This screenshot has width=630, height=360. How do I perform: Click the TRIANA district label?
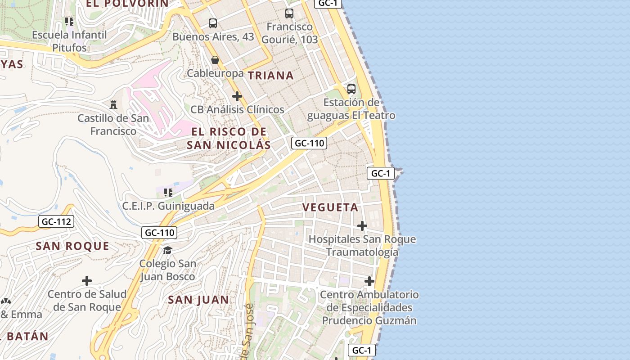[x=271, y=76]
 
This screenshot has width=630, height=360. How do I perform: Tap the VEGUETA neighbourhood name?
[x=330, y=207]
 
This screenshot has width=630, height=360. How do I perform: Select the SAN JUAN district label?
[x=198, y=300]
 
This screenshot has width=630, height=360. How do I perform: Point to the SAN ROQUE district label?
[x=72, y=246]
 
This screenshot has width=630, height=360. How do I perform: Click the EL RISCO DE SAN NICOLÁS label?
[x=229, y=138]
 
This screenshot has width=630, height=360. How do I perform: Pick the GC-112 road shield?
[x=57, y=221]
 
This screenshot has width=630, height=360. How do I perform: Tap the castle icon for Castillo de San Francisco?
[x=113, y=104]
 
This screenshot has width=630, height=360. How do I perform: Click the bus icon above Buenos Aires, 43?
[x=213, y=23]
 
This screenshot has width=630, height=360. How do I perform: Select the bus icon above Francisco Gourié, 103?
[x=289, y=13]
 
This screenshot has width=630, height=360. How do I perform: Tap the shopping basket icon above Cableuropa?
[x=215, y=60]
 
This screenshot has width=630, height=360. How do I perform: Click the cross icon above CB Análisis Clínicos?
[x=237, y=96]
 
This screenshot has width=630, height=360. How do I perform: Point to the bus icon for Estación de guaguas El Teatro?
[x=351, y=89]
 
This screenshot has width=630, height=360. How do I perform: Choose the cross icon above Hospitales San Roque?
[x=362, y=225]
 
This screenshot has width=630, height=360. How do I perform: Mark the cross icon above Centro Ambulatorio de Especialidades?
[x=369, y=281]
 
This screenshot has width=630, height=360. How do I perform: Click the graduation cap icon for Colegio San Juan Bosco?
[x=167, y=250]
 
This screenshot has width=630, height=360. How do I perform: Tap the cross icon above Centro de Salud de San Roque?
[x=87, y=281]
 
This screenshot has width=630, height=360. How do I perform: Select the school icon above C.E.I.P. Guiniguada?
[x=168, y=193]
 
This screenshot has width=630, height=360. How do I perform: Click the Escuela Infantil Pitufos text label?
[x=69, y=41]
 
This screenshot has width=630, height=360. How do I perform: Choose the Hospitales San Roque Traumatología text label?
[x=362, y=246]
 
